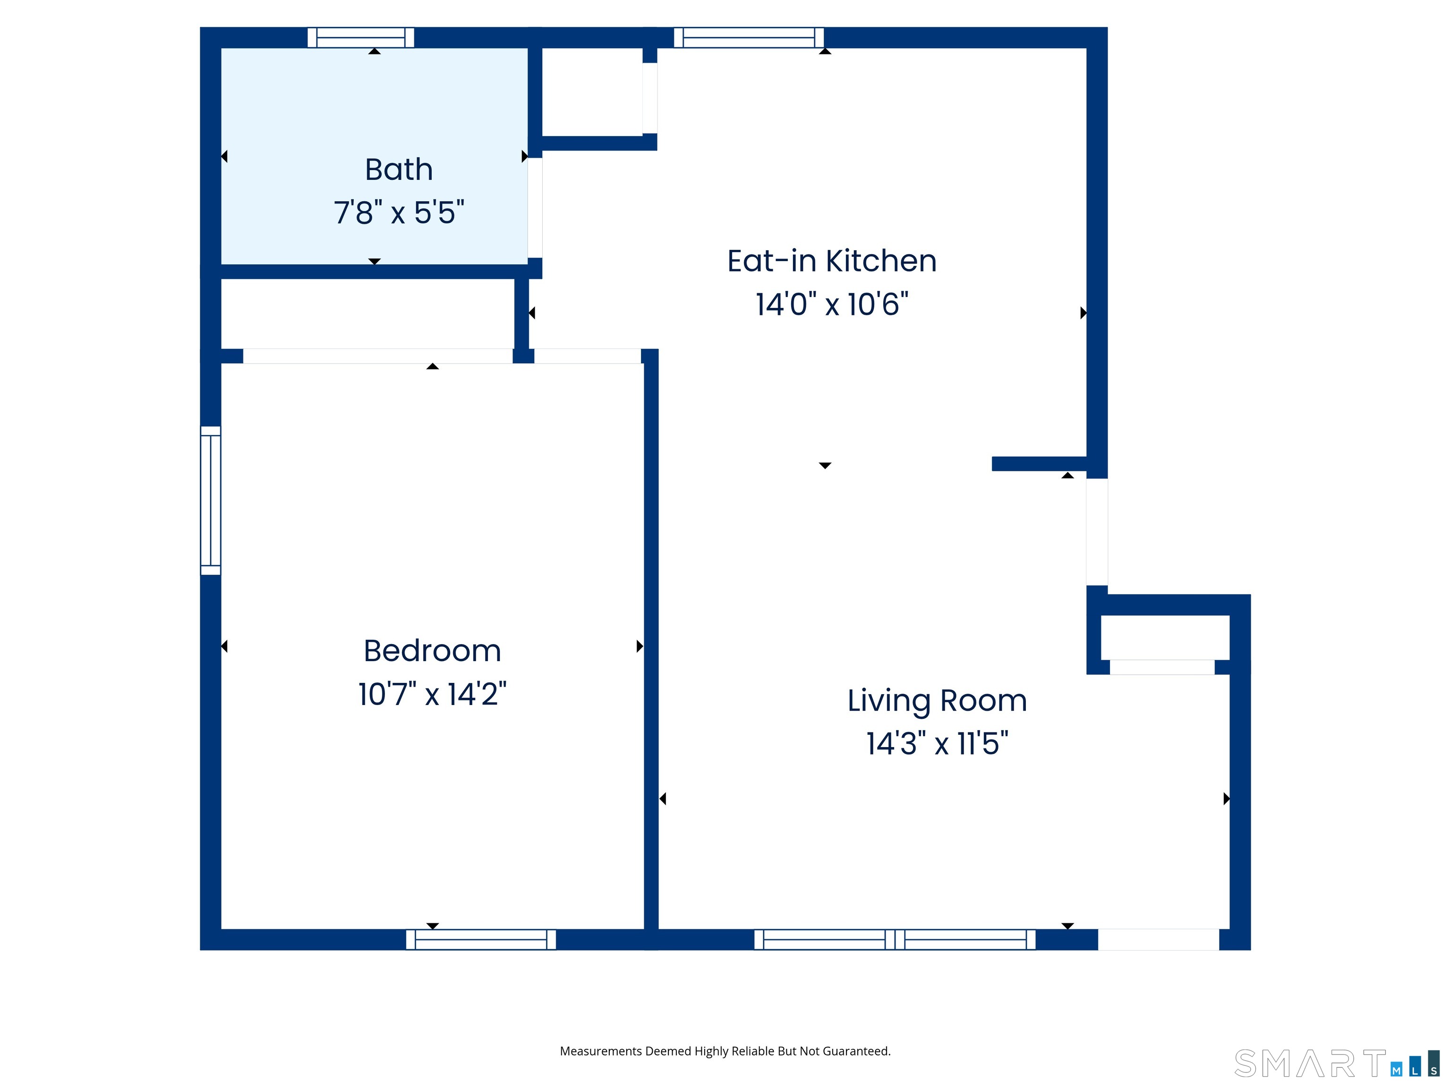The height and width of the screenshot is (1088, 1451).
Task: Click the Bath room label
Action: [x=399, y=170]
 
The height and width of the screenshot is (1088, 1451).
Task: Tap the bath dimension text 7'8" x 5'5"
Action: [x=399, y=212]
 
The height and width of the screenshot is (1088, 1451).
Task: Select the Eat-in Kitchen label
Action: [x=831, y=261]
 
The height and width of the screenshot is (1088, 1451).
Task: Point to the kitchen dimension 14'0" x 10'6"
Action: [x=831, y=304]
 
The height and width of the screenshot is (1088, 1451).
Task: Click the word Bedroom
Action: [x=432, y=651]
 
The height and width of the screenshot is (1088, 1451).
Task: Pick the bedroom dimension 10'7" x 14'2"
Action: [x=432, y=694]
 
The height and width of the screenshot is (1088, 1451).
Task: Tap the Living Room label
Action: [x=937, y=700]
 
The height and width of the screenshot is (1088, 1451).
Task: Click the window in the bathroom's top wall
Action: [x=361, y=37]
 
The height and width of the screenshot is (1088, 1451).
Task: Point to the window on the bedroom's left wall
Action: [x=211, y=501]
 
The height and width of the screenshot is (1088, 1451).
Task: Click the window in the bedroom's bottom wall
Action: [x=481, y=939]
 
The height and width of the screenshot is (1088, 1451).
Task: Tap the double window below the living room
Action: [x=895, y=939]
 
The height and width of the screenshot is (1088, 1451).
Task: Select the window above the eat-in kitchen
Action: [x=749, y=37]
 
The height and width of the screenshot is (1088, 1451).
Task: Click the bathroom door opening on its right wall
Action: [x=535, y=208]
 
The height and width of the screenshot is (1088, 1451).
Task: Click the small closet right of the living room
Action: [x=1164, y=637]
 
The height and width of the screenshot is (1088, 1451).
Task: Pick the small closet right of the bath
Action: [x=592, y=92]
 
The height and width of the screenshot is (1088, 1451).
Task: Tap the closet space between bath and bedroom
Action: [x=367, y=314]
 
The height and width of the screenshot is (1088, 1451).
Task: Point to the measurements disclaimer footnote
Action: [x=725, y=1051]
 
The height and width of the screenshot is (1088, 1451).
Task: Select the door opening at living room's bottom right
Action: [x=1159, y=939]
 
